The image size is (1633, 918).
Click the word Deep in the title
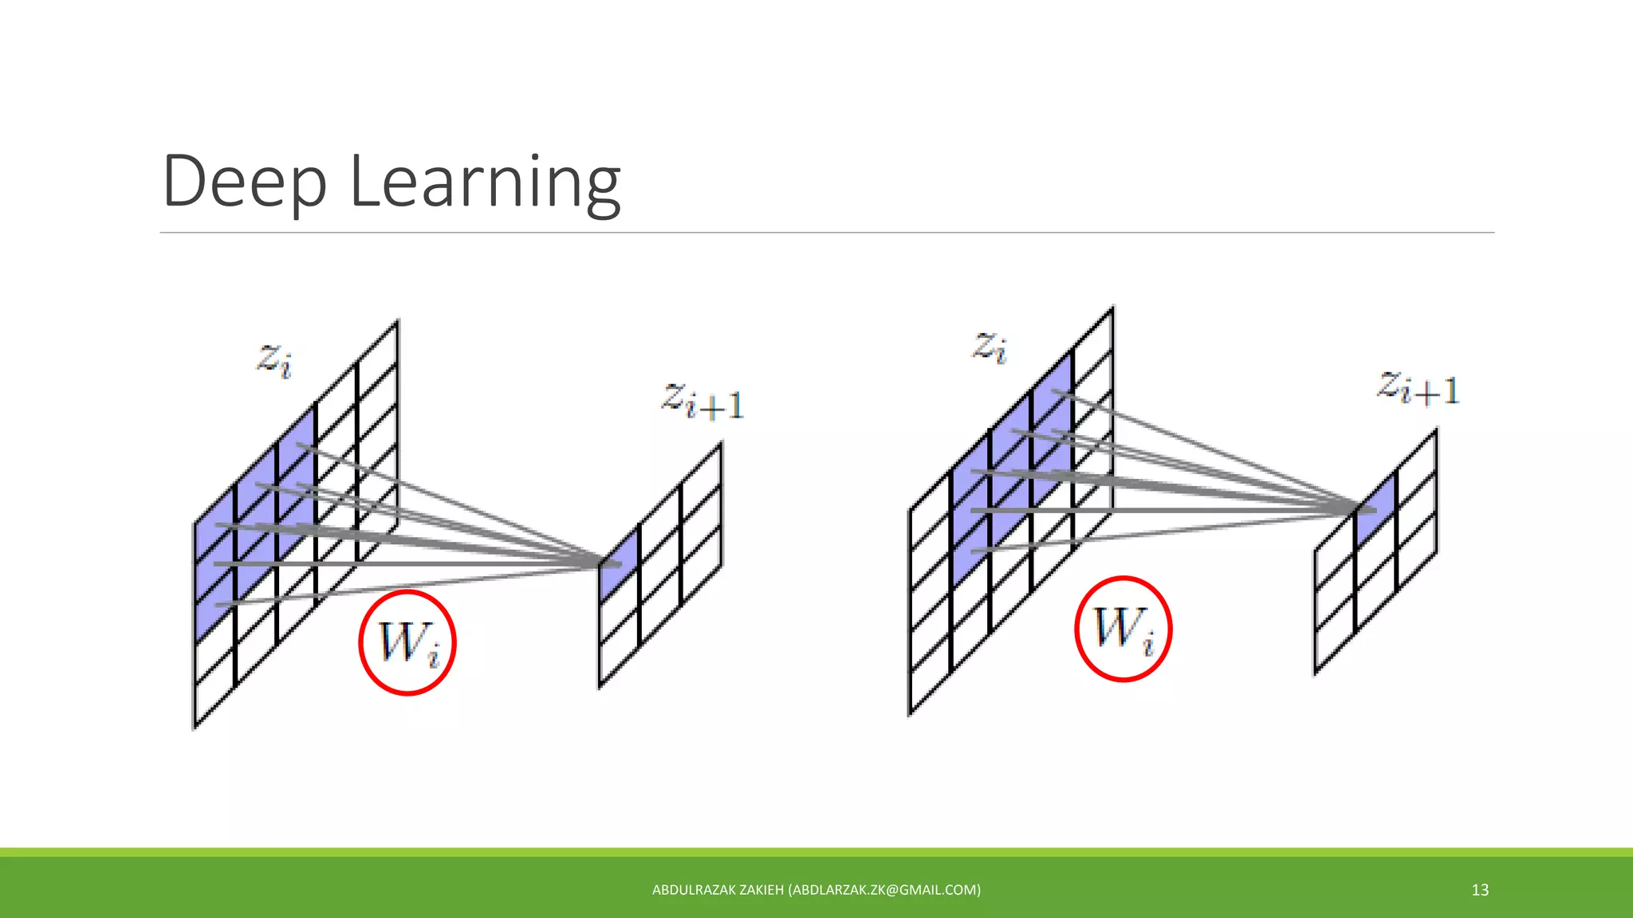pyautogui.click(x=244, y=182)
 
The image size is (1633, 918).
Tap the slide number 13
pyautogui.click(x=1480, y=890)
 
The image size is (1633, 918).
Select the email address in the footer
pyautogui.click(x=884, y=890)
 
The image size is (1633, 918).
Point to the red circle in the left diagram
pyautogui.click(x=407, y=642)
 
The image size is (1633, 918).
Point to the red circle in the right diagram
pyautogui.click(x=1123, y=629)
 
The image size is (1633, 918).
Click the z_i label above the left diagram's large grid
pyautogui.click(x=273, y=360)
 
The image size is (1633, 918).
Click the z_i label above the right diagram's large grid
pyautogui.click(x=989, y=347)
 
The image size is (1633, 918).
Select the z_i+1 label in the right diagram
pyautogui.click(x=1418, y=389)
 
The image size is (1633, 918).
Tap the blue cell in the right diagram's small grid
pyautogui.click(x=1376, y=510)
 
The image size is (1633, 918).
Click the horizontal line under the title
pyautogui.click(x=826, y=233)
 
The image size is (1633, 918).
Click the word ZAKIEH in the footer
pyautogui.click(x=761, y=890)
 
